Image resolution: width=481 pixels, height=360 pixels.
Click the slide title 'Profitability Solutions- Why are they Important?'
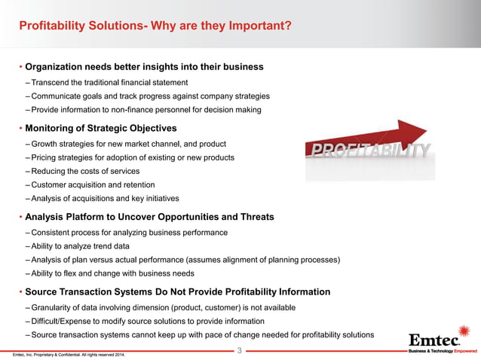point(155,28)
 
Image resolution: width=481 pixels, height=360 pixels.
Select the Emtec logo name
point(434,337)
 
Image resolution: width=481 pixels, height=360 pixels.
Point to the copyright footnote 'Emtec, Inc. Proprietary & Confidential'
point(64,354)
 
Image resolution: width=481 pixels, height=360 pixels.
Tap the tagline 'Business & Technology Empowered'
point(442,350)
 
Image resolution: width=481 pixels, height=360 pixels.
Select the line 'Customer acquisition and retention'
point(93,185)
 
